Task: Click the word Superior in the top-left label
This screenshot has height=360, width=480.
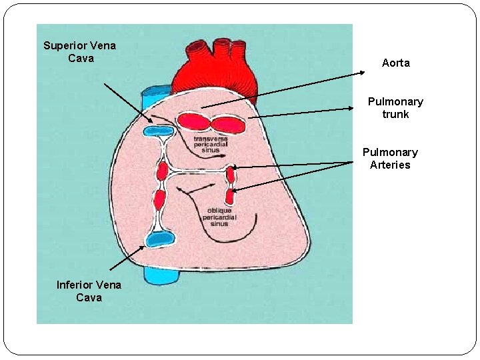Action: click(x=62, y=45)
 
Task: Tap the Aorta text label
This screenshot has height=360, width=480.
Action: click(x=395, y=63)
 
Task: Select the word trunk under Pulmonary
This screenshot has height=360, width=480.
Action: click(x=395, y=114)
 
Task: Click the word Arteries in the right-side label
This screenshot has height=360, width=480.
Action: click(x=390, y=165)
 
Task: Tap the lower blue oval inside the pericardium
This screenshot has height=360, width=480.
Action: click(x=161, y=239)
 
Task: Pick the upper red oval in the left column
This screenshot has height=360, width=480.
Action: click(x=161, y=172)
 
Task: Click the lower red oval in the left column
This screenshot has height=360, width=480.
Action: click(x=160, y=199)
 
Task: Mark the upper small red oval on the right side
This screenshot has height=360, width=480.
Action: click(x=231, y=175)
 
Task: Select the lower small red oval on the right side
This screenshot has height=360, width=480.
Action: click(x=230, y=196)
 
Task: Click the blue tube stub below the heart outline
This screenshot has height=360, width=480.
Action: click(x=162, y=273)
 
